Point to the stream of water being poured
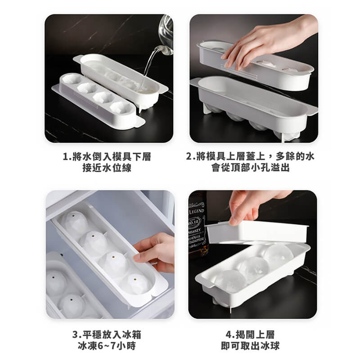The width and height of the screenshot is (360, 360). click(149, 67)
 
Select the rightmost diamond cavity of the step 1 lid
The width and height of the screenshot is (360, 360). click(121, 108)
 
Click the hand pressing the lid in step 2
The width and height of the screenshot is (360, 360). click(265, 43)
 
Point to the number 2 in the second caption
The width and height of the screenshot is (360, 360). click(189, 157)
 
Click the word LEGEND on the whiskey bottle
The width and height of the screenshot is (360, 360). click(196, 211)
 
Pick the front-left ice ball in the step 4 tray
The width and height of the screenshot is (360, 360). click(229, 281)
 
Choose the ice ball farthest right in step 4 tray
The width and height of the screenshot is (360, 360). click(278, 254)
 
